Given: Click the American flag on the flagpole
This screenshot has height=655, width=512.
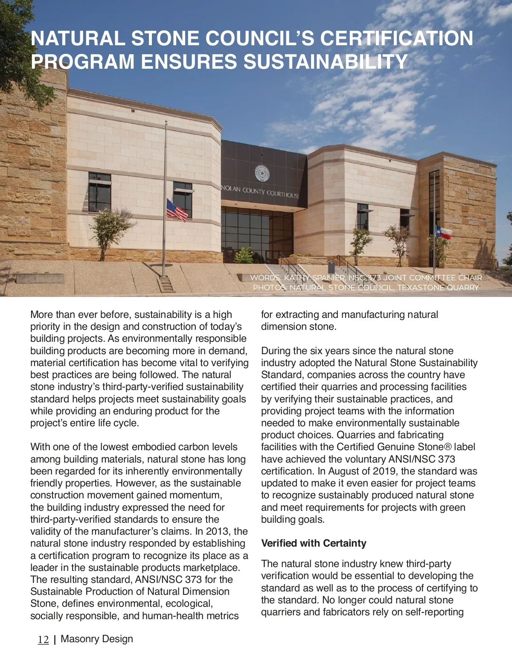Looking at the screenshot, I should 177,210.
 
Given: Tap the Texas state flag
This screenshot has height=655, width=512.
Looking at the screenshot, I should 444,233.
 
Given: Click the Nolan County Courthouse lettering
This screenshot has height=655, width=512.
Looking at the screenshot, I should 260,192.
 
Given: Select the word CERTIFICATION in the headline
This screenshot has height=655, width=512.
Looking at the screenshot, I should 396,38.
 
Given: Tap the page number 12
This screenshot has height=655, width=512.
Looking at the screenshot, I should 43,640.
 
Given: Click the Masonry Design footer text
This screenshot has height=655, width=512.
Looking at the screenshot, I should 97,639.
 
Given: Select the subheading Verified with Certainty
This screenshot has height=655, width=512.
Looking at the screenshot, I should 314,543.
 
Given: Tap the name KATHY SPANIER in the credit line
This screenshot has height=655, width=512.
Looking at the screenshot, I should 314,278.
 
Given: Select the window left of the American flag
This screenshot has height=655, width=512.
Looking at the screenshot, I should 99,192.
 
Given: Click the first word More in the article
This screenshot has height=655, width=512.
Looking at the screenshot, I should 42,314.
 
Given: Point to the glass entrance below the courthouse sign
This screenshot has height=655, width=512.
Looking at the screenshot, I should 256,235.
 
